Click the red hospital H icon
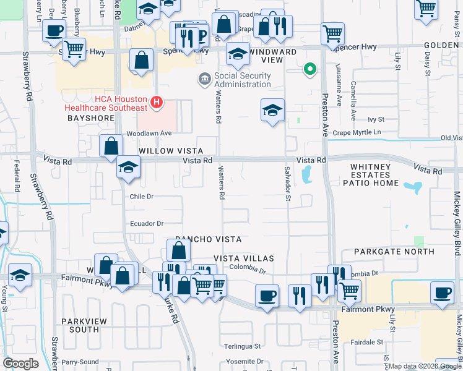pos(157,101)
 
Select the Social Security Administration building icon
pos(204,79)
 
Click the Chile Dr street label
pos(141,196)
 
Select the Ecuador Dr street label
pos(146,223)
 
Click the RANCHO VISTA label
pos(207,239)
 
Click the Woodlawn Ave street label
pos(149,133)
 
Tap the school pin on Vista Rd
pos(128,168)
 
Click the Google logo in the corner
pos(20,363)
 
